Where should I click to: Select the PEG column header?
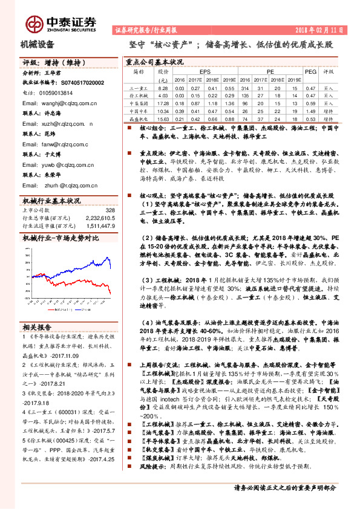[x=310, y=71]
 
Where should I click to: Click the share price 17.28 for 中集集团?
[x=163, y=103]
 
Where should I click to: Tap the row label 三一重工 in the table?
[x=139, y=88]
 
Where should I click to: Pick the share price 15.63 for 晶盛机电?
[x=163, y=118]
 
